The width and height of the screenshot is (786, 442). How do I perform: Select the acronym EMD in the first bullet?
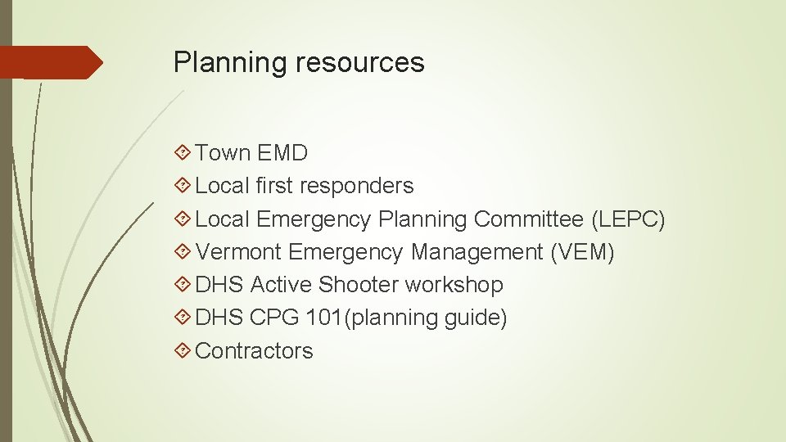(x=282, y=153)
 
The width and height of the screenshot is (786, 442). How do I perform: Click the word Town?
(x=223, y=153)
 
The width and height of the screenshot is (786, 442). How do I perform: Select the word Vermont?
(x=239, y=252)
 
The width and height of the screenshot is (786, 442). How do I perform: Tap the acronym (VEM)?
(x=582, y=252)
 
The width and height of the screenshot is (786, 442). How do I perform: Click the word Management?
(x=477, y=252)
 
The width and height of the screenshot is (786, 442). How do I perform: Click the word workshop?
(x=454, y=285)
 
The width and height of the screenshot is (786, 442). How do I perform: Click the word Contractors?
(x=255, y=350)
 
